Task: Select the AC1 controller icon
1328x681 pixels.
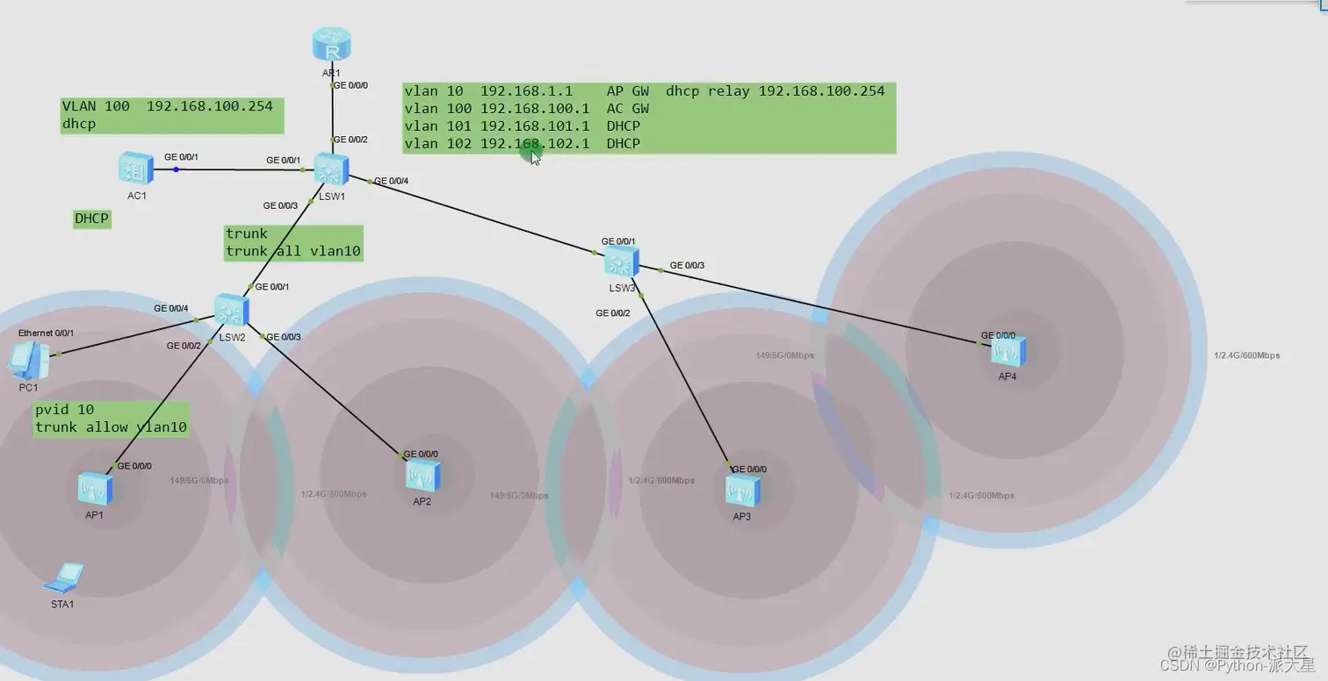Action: [136, 168]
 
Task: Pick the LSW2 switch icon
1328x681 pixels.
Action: [231, 310]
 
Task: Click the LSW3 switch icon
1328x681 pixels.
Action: [621, 261]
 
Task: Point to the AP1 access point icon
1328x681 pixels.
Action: [95, 488]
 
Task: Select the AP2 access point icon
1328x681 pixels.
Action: [422, 476]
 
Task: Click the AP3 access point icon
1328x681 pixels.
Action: [742, 490]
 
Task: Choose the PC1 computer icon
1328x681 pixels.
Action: [28, 358]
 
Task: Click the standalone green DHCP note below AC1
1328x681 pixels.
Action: [92, 219]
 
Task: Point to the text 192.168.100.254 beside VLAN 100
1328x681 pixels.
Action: [209, 106]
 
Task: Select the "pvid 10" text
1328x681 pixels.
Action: [64, 410]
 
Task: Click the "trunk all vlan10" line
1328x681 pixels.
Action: [293, 252]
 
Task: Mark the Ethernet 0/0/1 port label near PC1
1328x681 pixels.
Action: [47, 333]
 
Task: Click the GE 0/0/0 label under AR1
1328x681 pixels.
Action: [351, 85]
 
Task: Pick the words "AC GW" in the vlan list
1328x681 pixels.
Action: [627, 109]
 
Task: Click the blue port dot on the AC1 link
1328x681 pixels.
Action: [176, 169]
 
